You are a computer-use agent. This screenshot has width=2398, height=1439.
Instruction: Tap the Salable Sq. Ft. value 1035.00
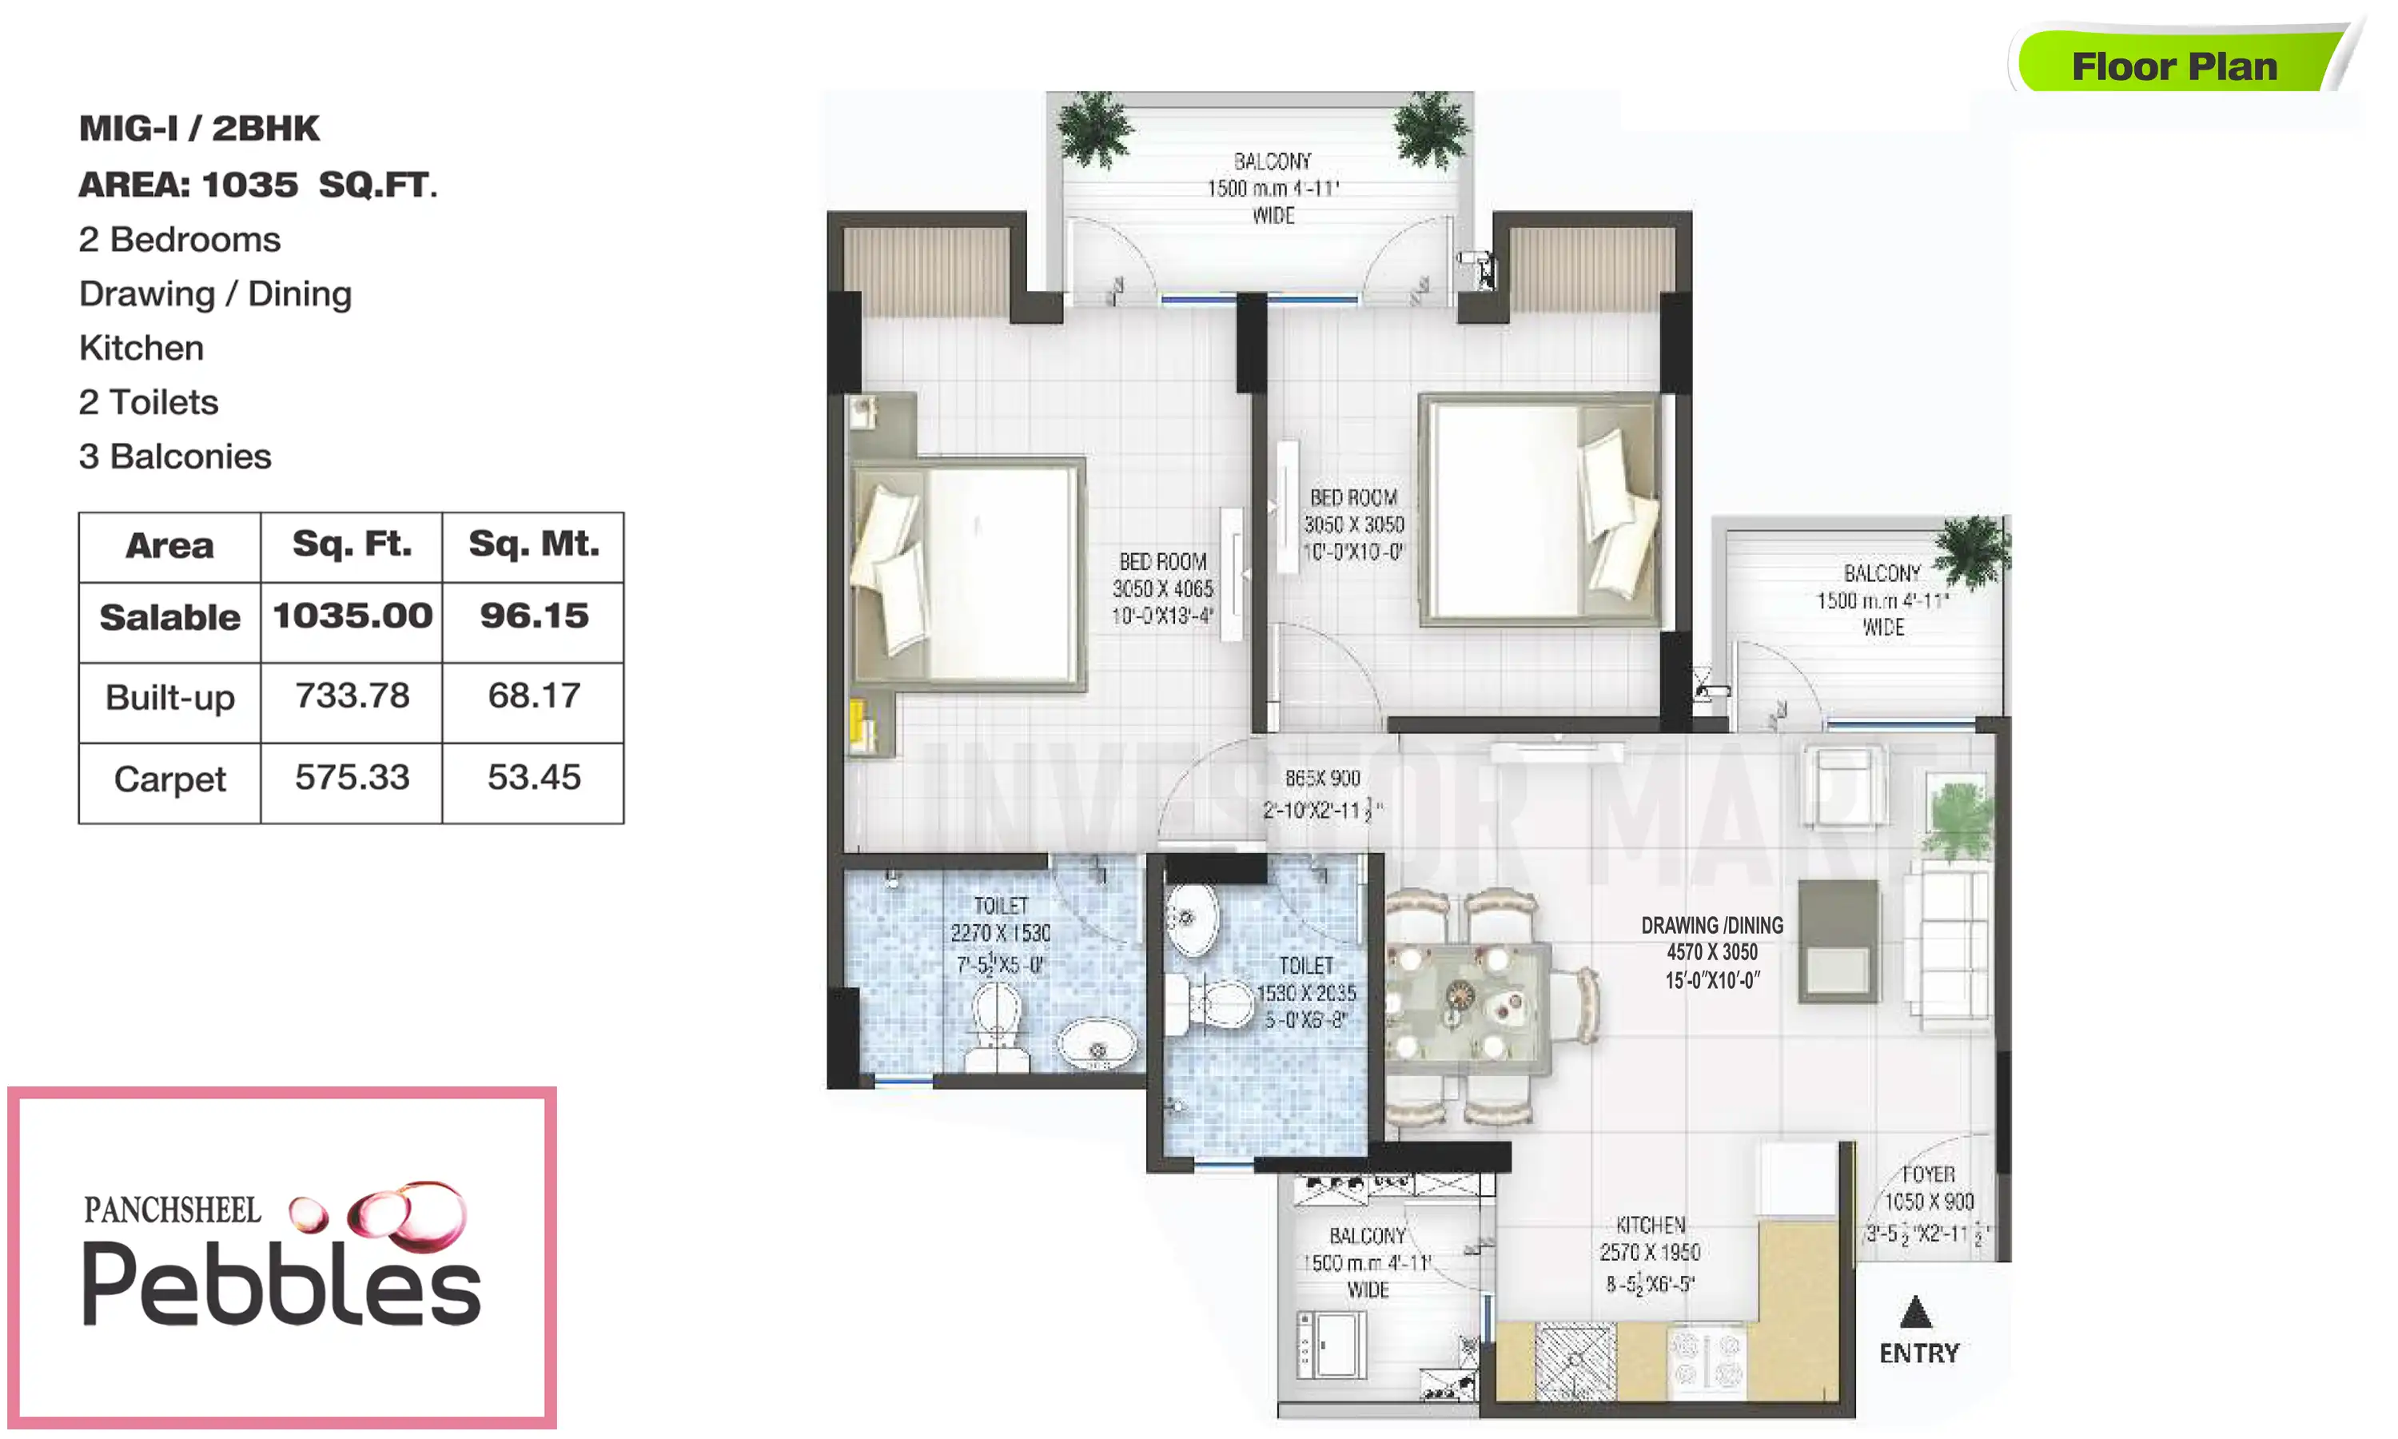[x=352, y=616]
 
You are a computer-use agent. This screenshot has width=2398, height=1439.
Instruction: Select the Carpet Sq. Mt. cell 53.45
[x=533, y=778]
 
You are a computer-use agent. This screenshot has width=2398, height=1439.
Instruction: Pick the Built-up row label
[x=169, y=698]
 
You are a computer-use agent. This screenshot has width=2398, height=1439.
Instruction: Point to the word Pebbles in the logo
[x=281, y=1285]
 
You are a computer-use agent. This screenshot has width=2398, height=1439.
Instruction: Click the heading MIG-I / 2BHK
[x=199, y=128]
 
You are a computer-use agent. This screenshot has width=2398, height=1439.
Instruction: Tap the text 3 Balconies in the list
[x=174, y=456]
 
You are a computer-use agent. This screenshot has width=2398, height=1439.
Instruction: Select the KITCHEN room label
[x=1651, y=1225]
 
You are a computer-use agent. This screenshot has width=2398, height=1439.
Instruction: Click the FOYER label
[x=1928, y=1174]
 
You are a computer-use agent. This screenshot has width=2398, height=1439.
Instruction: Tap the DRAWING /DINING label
[x=1711, y=925]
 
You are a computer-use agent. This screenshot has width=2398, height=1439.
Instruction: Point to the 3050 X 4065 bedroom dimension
[x=1162, y=588]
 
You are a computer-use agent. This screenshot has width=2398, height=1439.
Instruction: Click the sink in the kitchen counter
[x=1575, y=1361]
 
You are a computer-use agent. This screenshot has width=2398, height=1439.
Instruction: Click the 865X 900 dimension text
[x=1322, y=779]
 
